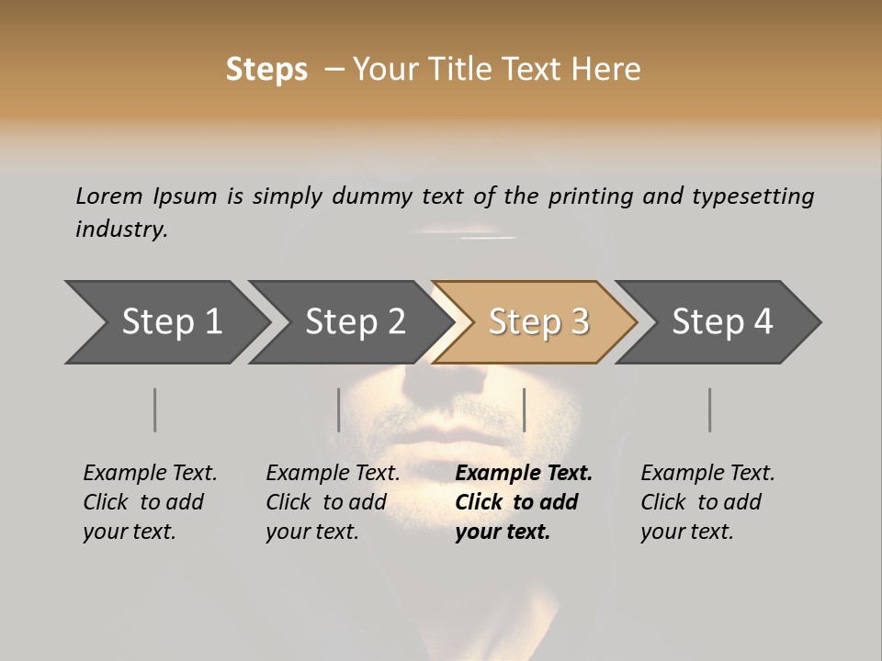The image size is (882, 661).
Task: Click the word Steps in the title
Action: click(x=266, y=70)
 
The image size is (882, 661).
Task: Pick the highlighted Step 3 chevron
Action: click(x=538, y=322)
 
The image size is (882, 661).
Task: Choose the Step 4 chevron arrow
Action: click(x=722, y=322)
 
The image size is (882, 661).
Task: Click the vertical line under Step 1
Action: click(x=154, y=409)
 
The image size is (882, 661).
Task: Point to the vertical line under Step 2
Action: click(x=339, y=409)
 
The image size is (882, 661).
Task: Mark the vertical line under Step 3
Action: click(x=524, y=409)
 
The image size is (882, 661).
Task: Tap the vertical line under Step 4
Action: click(x=709, y=409)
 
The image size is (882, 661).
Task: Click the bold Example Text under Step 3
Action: click(x=524, y=502)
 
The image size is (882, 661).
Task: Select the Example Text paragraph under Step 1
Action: click(x=150, y=502)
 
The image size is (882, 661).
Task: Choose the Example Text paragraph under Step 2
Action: click(x=333, y=502)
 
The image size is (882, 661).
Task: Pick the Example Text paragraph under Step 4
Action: click(x=707, y=502)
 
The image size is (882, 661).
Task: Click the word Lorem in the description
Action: click(x=109, y=196)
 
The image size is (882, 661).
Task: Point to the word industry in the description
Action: click(x=121, y=230)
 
